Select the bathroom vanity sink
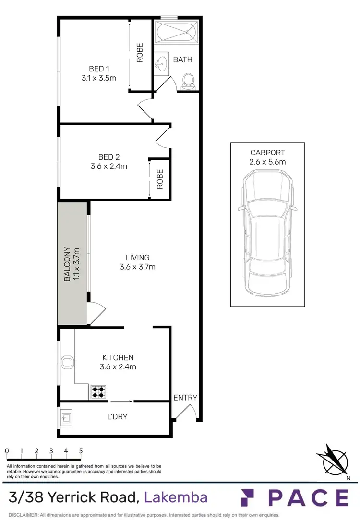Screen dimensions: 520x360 161,63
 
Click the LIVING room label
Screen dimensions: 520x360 137,258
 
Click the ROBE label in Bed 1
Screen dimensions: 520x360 140,53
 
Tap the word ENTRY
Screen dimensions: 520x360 185,397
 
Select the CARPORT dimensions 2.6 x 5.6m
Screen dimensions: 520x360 267,162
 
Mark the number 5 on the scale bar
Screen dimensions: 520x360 81,451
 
